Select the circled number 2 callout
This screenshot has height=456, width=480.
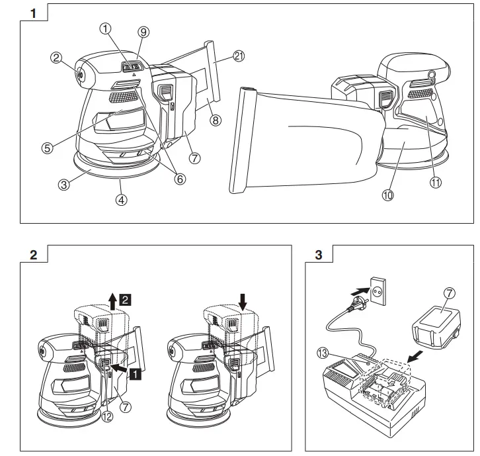pyautogui.click(x=56, y=58)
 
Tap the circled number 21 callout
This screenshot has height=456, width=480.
pyautogui.click(x=239, y=57)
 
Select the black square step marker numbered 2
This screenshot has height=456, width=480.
pyautogui.click(x=126, y=298)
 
